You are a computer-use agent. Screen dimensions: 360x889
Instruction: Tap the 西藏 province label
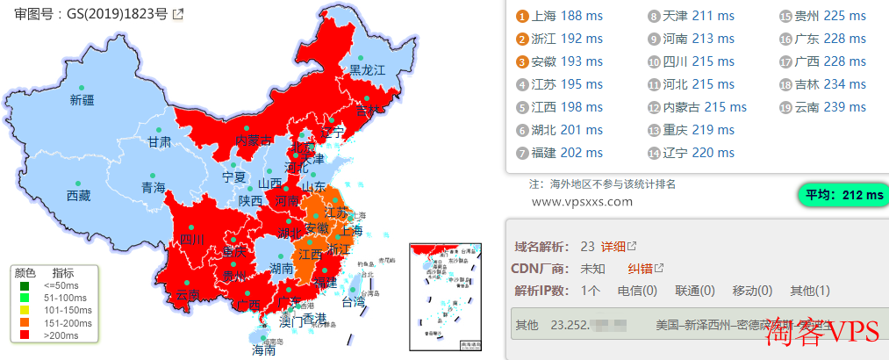(x=78, y=196)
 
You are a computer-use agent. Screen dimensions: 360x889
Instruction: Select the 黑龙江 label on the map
(x=368, y=69)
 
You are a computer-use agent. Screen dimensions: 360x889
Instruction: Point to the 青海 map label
(x=154, y=187)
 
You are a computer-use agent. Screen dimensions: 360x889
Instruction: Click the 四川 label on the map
(x=192, y=239)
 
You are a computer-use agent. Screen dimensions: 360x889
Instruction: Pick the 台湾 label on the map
(x=353, y=302)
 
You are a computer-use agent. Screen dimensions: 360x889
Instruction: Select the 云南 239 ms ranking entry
(x=829, y=107)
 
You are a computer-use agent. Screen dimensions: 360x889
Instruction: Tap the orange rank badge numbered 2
(x=523, y=39)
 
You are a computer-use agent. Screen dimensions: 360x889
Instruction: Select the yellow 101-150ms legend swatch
(x=25, y=311)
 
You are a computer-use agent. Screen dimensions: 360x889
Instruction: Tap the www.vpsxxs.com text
(x=582, y=202)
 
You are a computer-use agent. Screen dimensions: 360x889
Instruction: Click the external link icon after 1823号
(x=179, y=14)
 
